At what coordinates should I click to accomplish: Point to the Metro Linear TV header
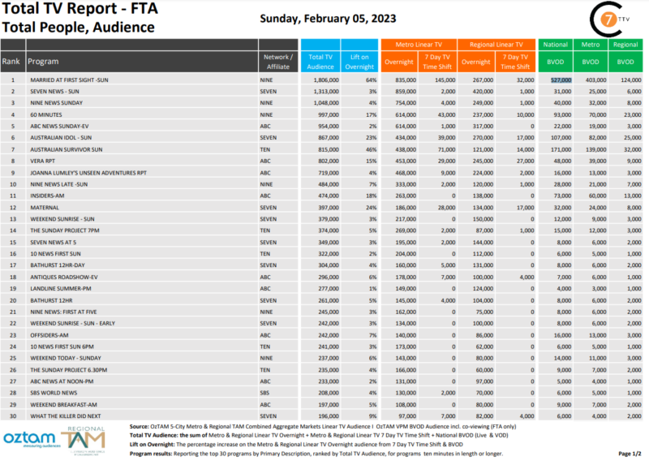coord(419,45)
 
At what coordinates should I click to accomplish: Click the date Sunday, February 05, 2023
coord(328,19)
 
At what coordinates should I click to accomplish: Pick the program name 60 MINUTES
coord(47,115)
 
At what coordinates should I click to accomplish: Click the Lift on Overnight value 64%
coord(370,80)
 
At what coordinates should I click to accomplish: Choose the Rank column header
coord(11,62)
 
